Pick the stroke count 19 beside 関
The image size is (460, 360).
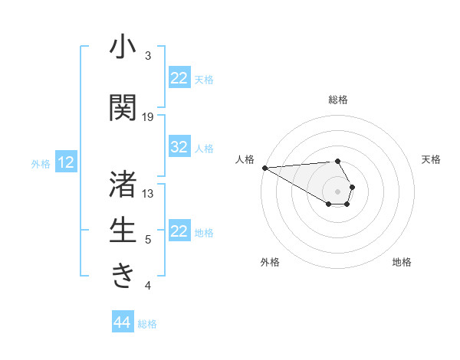[148, 117]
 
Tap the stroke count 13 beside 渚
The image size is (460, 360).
[148, 193]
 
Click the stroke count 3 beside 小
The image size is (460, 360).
[148, 56]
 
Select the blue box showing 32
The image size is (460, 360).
[179, 147]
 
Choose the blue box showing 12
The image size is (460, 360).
[66, 162]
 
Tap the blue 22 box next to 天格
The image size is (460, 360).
[179, 78]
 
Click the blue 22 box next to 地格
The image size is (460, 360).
[179, 231]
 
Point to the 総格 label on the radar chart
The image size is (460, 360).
[337, 100]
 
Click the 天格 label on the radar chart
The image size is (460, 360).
[431, 159]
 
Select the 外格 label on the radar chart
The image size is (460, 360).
[269, 262]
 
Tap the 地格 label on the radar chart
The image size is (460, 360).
[402, 262]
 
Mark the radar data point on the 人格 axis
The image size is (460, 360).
[264, 167]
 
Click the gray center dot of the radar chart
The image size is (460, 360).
[337, 191]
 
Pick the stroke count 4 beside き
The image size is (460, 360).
[148, 286]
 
